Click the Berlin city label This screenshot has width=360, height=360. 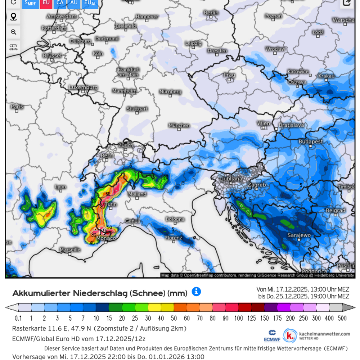(x=211, y=13)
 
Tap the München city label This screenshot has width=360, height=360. (x=179, y=125)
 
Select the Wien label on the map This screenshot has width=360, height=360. (x=264, y=123)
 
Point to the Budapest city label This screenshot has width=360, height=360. (x=310, y=142)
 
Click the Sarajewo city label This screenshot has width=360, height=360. (x=299, y=235)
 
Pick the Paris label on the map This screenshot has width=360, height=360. (x=17, y=107)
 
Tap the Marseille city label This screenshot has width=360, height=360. (x=70, y=249)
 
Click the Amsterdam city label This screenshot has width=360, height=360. (x=62, y=17)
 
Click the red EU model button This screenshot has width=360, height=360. (x=46, y=3)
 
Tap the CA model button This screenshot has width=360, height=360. (x=60, y=3)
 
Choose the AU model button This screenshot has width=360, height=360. (x=74, y=3)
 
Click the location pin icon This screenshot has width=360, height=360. (x=13, y=17)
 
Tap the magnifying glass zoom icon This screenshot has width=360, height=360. (x=13, y=32)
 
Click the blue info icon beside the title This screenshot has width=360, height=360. (x=196, y=292)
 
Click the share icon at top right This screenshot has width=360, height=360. (x=347, y=3)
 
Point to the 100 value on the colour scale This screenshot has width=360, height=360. (x=239, y=318)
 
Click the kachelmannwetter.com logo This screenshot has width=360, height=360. (x=317, y=336)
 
